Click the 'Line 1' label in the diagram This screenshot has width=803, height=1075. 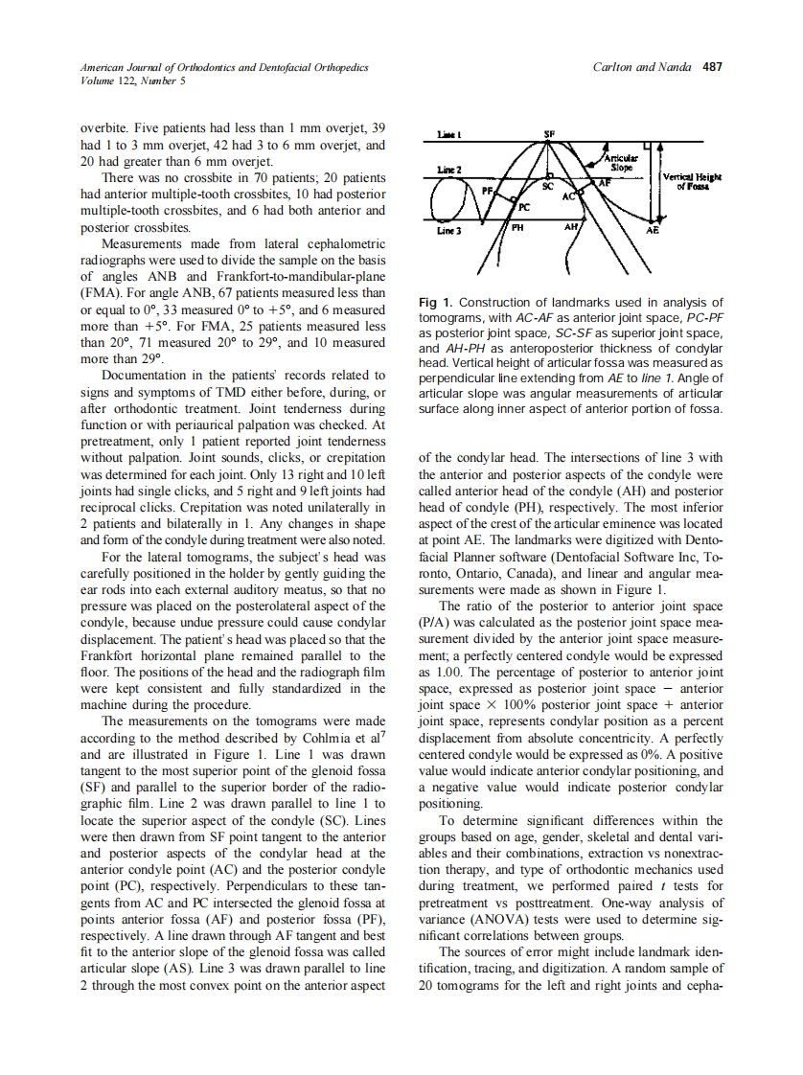click(x=450, y=134)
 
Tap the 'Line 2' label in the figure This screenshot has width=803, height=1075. click(x=450, y=170)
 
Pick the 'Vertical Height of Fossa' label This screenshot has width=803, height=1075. click(x=693, y=182)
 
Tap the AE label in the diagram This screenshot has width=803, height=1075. click(x=653, y=231)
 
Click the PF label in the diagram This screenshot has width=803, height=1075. click(x=488, y=191)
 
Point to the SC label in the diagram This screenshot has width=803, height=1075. click(x=548, y=188)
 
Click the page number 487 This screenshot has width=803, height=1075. click(x=712, y=68)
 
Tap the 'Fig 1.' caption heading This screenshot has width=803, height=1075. click(x=436, y=303)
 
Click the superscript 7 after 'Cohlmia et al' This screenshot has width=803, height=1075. click(x=383, y=735)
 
